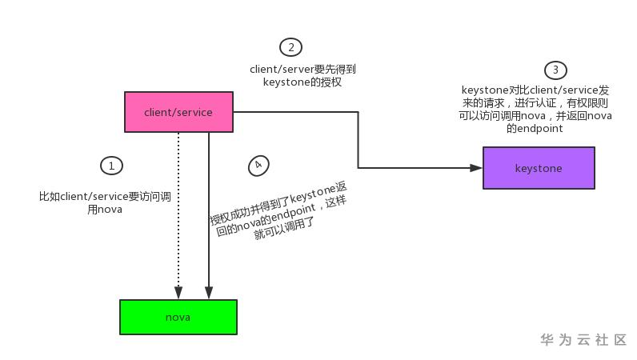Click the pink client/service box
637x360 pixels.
(x=178, y=112)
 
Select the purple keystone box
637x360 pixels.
(x=539, y=168)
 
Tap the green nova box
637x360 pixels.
(x=178, y=317)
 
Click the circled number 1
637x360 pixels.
(x=111, y=166)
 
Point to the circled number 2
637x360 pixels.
(x=290, y=47)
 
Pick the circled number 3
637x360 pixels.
(x=555, y=70)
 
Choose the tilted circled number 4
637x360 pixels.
(x=258, y=166)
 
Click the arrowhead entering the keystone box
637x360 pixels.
(x=475, y=168)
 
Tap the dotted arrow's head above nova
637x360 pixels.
(x=178, y=293)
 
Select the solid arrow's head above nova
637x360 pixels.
(x=209, y=293)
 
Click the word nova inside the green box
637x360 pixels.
(x=178, y=318)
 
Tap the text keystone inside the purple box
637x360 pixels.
(x=539, y=168)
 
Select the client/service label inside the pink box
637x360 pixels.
(x=178, y=112)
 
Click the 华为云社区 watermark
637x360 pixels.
(x=583, y=339)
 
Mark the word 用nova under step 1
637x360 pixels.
(x=105, y=210)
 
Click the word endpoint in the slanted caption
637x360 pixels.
(x=294, y=214)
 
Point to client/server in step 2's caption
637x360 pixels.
(x=282, y=69)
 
